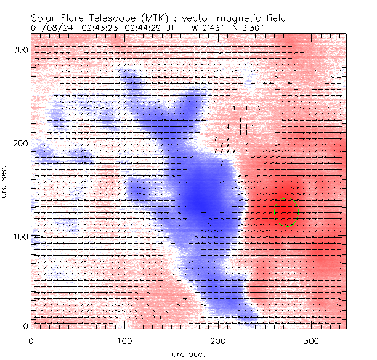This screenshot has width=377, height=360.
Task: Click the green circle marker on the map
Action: pos(286,212)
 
